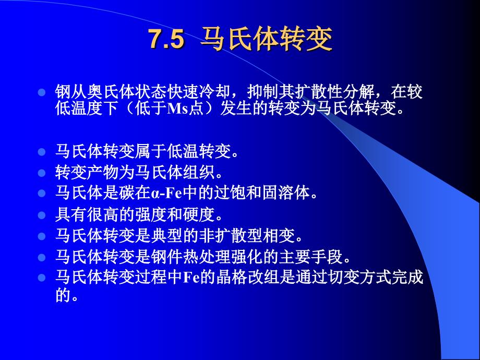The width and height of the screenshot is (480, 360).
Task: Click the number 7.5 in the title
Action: coord(167,40)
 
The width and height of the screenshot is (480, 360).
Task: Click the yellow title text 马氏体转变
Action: coord(266,40)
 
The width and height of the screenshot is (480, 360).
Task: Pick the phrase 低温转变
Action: coord(199,151)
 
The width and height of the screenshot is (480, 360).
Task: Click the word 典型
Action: coord(167,236)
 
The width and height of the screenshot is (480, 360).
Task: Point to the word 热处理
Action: coord(207,257)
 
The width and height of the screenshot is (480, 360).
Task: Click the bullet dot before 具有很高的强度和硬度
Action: coord(41,215)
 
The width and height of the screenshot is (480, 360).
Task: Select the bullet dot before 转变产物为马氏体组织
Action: coord(41,173)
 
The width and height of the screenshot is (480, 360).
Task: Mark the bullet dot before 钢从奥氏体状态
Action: coord(41,92)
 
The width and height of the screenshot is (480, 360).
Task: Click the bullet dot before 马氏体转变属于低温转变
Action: coord(41,151)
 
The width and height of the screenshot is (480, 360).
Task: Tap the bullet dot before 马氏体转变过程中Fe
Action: coord(41,278)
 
